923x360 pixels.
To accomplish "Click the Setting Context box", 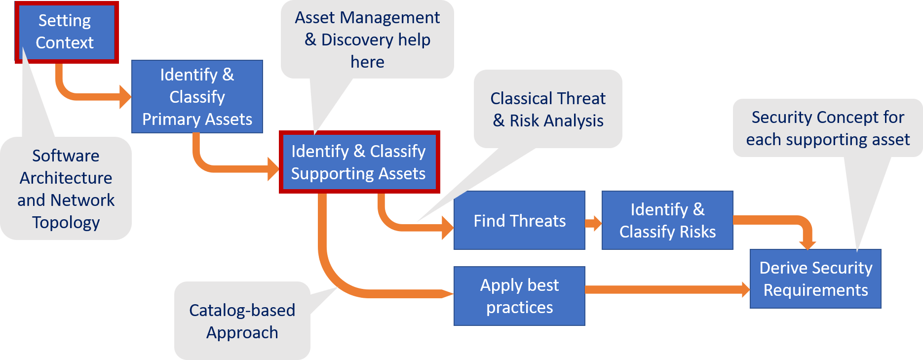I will [67, 32].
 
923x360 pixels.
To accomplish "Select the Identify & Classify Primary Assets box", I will [197, 97].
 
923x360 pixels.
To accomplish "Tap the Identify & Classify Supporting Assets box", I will [359, 162].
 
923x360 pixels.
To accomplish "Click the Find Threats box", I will [519, 220].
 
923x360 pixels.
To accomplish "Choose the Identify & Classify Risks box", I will [667, 220].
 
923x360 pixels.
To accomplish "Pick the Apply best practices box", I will [519, 296].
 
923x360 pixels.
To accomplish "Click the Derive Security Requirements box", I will [815, 279].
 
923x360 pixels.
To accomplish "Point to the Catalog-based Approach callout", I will [242, 321].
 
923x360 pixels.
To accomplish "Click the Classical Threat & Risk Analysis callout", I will [548, 109].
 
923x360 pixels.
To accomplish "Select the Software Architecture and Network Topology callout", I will [66, 189].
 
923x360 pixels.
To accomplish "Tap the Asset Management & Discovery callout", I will [367, 40].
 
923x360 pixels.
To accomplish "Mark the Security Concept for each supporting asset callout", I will [828, 128].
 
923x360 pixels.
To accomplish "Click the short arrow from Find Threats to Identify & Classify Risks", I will [593, 223].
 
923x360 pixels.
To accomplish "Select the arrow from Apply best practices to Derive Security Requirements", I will [666, 289].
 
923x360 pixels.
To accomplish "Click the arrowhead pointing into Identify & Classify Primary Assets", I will [125, 97].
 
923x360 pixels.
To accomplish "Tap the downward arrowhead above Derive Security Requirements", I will [808, 243].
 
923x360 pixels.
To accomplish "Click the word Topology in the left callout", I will [66, 222].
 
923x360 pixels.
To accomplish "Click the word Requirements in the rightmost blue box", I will [815, 290].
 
